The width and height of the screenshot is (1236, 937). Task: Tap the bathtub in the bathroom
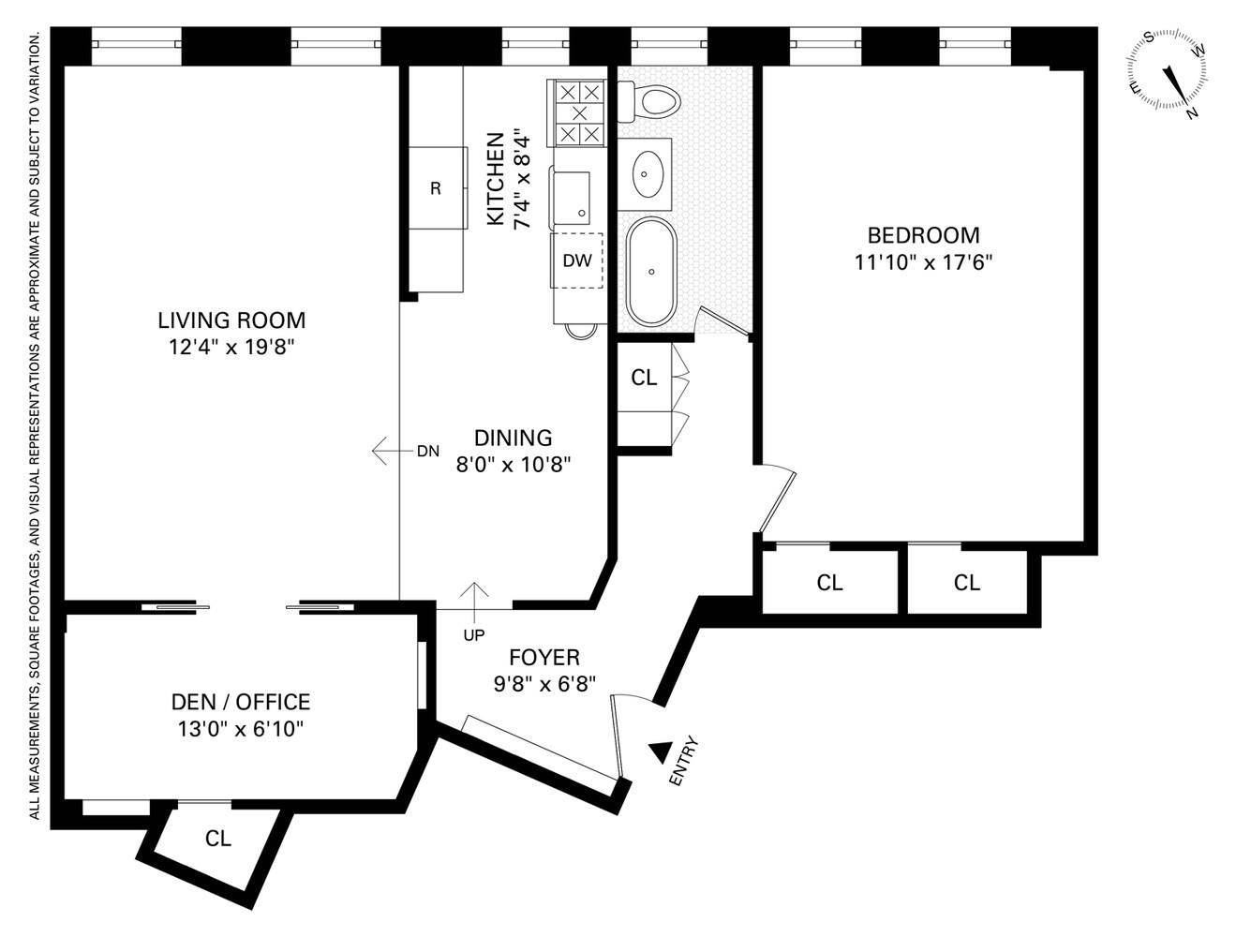tap(650, 272)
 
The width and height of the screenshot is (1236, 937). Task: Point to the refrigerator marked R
tap(437, 188)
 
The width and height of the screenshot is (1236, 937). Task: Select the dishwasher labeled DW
tap(577, 260)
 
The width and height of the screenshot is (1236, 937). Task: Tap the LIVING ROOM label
tap(231, 320)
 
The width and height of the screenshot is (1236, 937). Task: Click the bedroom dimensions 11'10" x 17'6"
tap(923, 262)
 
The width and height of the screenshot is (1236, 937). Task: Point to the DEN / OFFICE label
tap(241, 702)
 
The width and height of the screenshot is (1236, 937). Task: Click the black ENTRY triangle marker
tap(661, 751)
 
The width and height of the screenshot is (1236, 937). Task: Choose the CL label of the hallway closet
tap(644, 378)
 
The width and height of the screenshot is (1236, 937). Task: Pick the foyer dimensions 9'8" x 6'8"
tap(544, 684)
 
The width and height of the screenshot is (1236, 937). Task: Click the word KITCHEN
tap(496, 178)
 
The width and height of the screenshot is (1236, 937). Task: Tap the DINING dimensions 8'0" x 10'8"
tap(514, 464)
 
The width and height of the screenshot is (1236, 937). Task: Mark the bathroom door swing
tap(722, 319)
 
